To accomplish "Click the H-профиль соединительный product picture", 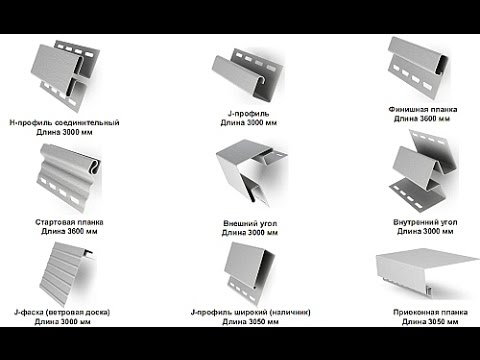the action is [68, 78].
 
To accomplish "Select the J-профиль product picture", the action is [248, 75].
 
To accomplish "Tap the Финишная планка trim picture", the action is [417, 68].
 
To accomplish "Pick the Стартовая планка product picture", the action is [70, 177].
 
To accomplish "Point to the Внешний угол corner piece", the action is [251, 172].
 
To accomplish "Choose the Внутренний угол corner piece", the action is [423, 170].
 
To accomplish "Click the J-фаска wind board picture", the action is [66, 274].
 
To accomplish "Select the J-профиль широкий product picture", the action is [250, 273].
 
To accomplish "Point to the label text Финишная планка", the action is [423, 109].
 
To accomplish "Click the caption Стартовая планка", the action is [69, 222].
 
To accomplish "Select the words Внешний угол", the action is [250, 223].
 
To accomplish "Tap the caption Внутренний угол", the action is [425, 222].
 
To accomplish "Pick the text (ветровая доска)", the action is [78, 312].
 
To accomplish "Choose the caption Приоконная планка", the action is [430, 312].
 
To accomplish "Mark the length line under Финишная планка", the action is [422, 119].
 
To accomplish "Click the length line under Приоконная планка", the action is [430, 322].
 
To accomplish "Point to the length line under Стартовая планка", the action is [69, 231].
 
